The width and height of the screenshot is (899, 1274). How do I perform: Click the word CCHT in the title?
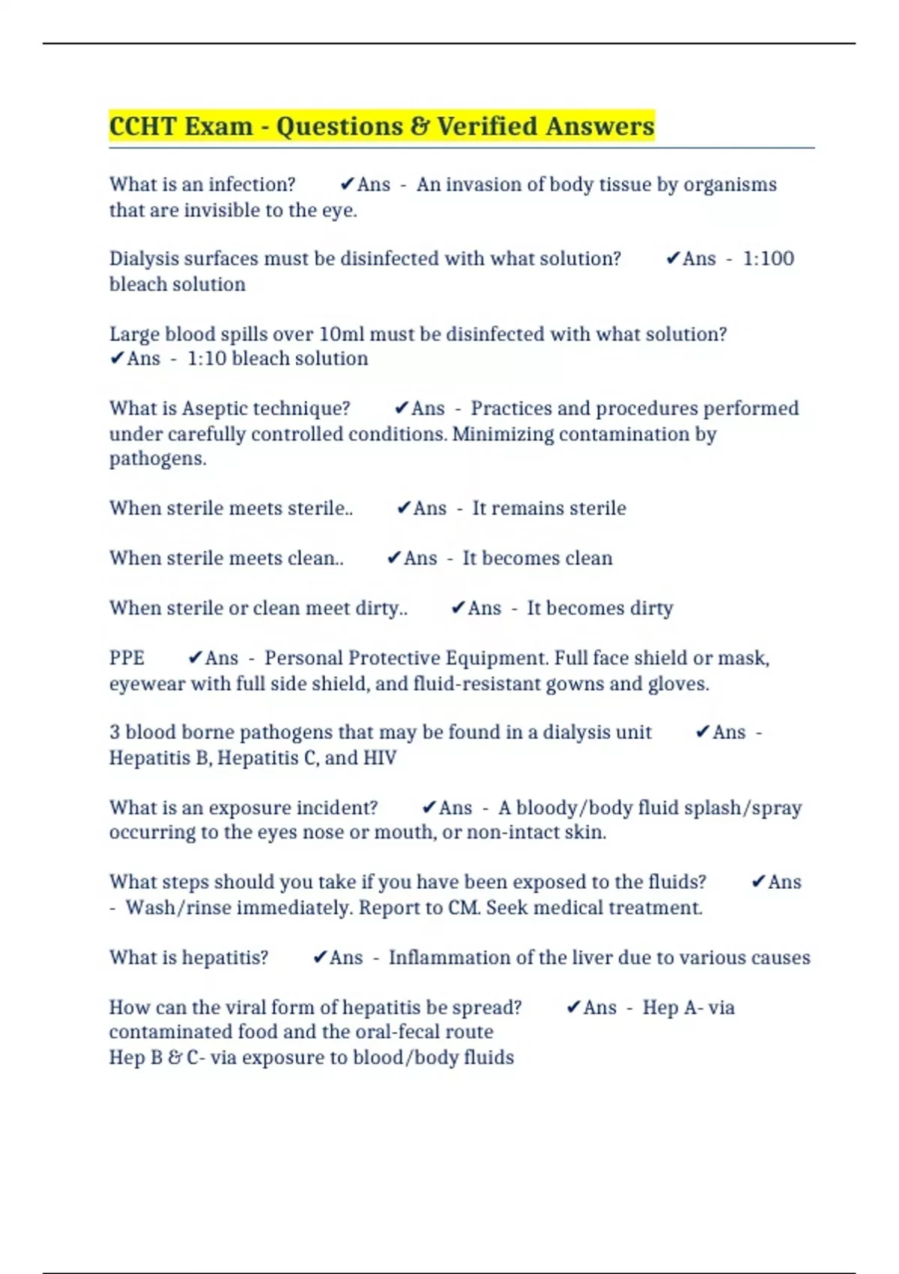pos(142,126)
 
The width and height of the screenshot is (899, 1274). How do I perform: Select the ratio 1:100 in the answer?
pos(768,259)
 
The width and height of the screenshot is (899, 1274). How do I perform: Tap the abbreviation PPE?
pos(127,658)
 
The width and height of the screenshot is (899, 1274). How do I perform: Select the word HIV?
pos(379,758)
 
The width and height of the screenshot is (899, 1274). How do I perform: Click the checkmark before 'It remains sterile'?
pos(404,508)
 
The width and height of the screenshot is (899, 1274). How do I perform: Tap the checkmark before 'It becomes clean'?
pos(394,558)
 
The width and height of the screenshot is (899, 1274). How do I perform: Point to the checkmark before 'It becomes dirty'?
pos(458,608)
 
